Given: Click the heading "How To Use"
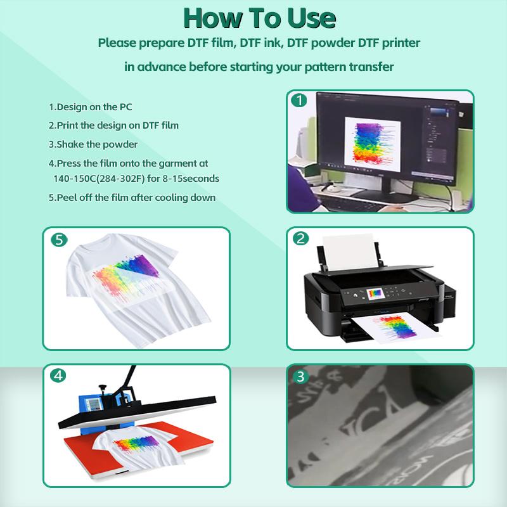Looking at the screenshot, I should (x=253, y=18).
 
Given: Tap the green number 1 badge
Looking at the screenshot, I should (x=298, y=100).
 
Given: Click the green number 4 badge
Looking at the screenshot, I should (x=58, y=375).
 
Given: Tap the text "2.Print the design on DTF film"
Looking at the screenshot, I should (x=113, y=125).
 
